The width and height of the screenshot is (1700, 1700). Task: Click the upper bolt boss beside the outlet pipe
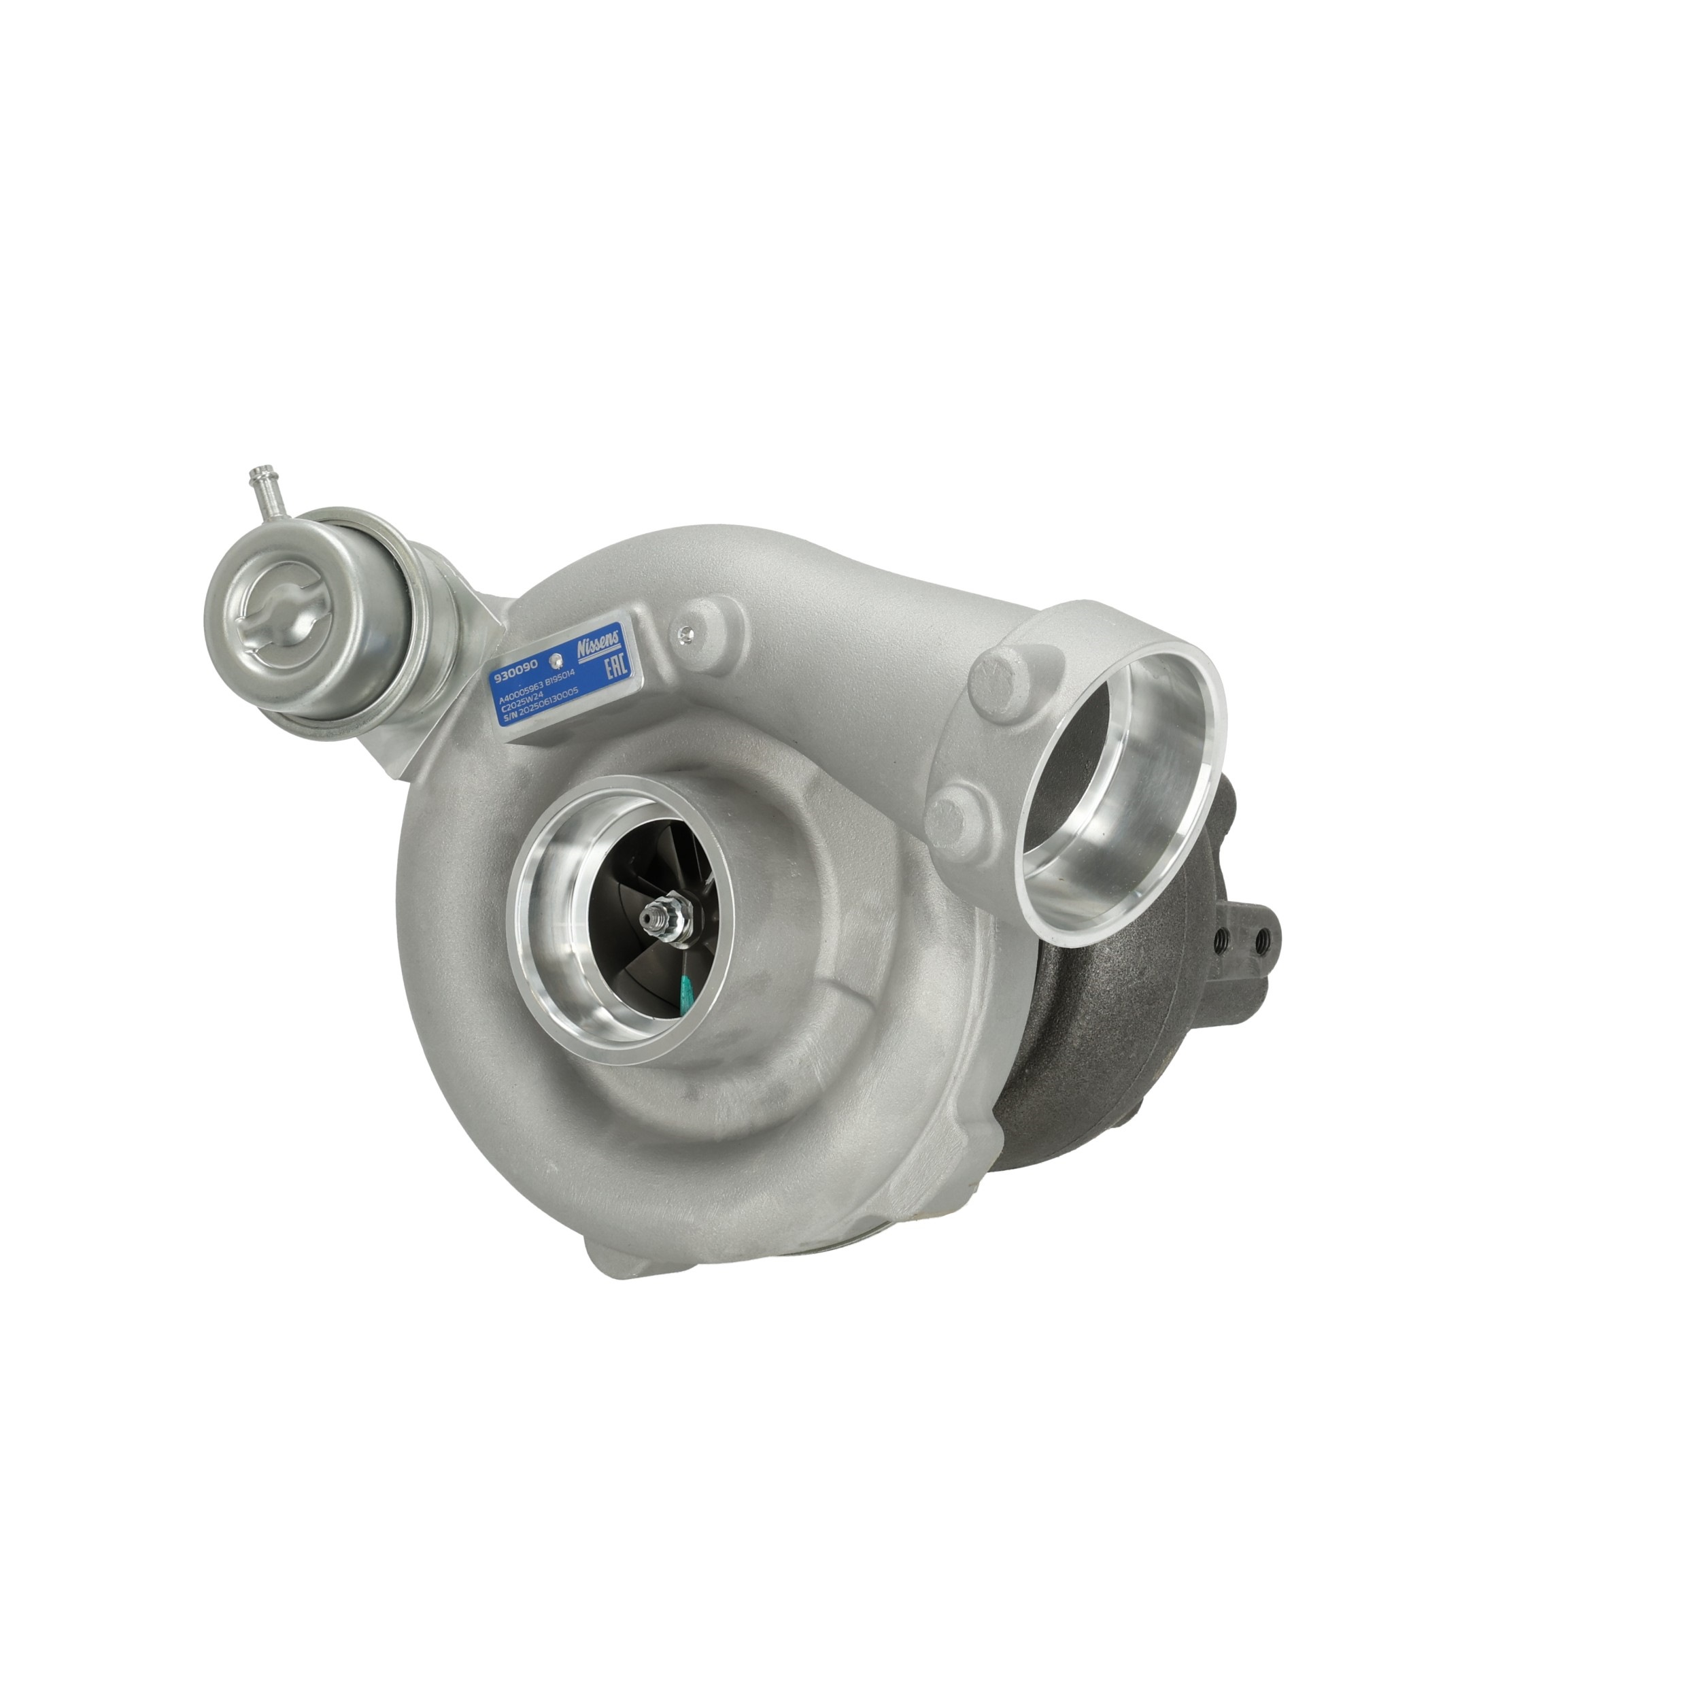(x=1002, y=681)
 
